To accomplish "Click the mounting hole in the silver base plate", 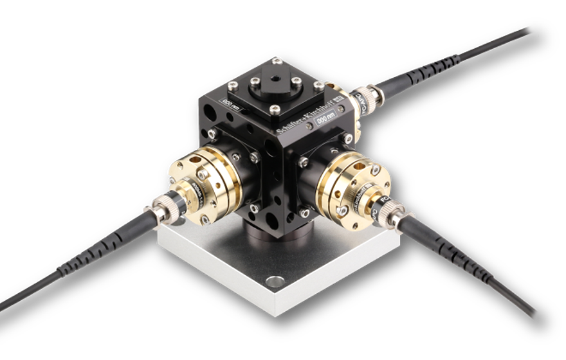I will click(275, 282).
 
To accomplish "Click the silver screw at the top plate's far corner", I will click(277, 60).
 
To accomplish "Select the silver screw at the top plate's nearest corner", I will click(275, 110).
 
